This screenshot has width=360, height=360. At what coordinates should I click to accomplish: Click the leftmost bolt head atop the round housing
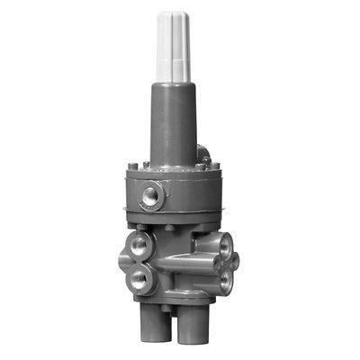click(x=132, y=166)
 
